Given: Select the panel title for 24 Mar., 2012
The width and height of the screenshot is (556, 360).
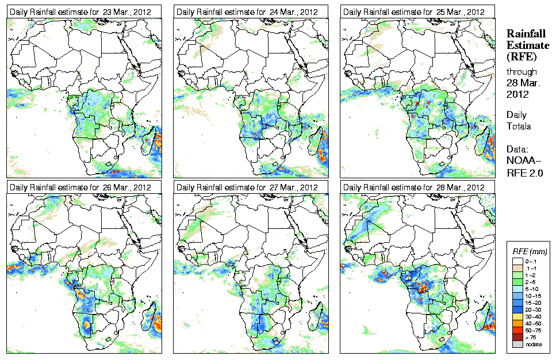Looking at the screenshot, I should coord(247,12).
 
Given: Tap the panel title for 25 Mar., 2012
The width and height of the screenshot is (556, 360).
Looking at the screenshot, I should coord(413,12).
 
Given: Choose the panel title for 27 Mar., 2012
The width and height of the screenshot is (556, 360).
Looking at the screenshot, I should coord(247,187).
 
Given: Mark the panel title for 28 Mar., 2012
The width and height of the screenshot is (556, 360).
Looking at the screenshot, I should coord(413,187).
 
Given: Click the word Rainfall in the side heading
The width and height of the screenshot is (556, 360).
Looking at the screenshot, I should coord(526,33).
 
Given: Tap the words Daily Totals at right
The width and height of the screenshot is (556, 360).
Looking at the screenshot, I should coord(519,120).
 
